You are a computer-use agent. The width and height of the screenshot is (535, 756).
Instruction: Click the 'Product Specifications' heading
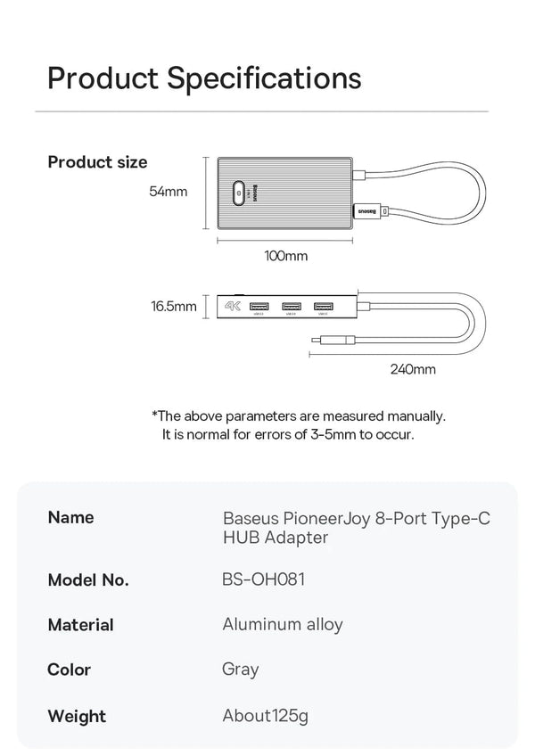point(204,78)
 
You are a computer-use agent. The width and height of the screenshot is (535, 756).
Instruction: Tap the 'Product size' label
point(97,162)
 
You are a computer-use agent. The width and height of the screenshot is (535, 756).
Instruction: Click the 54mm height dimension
point(168,191)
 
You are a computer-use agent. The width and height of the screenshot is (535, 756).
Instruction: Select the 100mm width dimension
point(285,256)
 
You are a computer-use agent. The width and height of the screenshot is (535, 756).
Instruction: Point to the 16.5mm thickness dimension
point(173,307)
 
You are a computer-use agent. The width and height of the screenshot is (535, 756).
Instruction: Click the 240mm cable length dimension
point(413,368)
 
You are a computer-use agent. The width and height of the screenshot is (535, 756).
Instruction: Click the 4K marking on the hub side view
point(233,306)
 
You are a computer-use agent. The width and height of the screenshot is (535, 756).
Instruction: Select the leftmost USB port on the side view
point(260,306)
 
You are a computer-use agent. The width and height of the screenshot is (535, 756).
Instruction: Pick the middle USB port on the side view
point(291,306)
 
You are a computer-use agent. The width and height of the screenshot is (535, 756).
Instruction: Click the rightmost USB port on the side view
point(322,306)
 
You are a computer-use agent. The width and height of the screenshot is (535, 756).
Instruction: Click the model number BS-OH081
point(263,579)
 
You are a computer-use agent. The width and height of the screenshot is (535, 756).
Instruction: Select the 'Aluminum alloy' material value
point(282,624)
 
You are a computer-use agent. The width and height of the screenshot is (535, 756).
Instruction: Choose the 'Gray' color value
point(240,669)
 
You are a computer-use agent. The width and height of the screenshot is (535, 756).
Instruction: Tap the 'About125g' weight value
point(265,715)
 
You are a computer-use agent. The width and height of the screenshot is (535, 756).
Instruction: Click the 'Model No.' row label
point(88,579)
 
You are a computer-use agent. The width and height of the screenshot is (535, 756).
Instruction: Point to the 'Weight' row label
point(77,716)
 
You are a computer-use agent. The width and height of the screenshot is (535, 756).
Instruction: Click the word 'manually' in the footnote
point(415,415)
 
